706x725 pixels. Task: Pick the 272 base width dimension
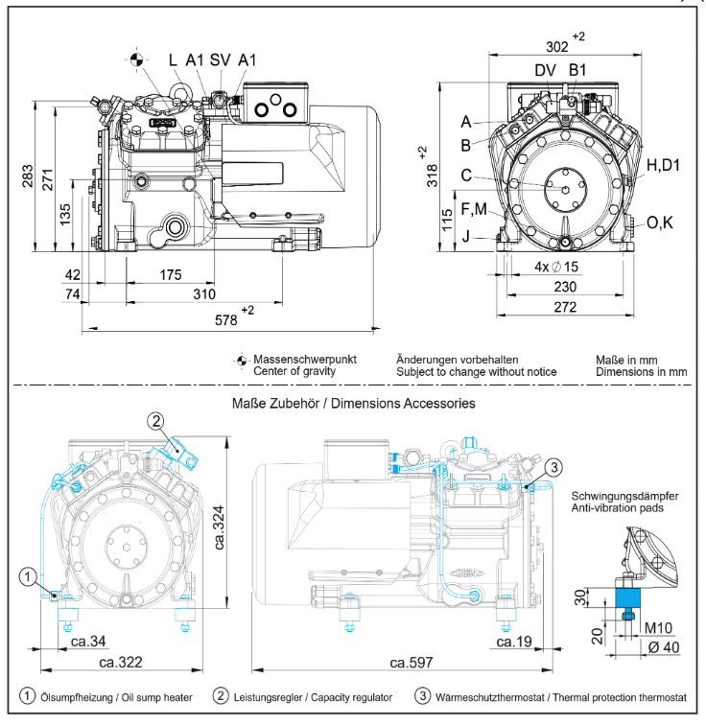point(564,308)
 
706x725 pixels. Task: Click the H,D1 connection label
point(663,165)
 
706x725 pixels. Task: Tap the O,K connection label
point(661,222)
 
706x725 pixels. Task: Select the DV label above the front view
point(544,69)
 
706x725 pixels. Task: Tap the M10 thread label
point(658,628)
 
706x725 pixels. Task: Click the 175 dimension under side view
point(170,275)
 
